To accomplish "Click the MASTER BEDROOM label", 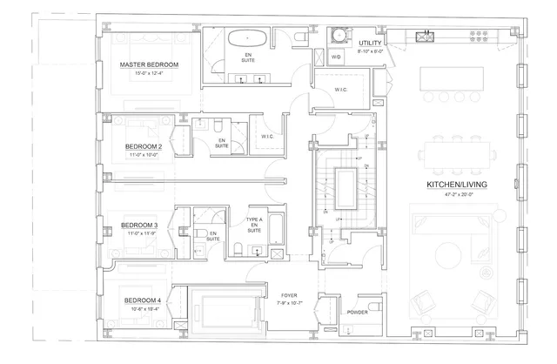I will (149, 65).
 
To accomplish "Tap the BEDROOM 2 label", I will (144, 146).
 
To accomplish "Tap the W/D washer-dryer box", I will (336, 57).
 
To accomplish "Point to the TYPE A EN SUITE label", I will (254, 226).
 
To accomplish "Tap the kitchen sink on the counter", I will (426, 36).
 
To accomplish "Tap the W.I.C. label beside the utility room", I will (342, 91).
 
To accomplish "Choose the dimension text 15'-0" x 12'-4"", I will (149, 74).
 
